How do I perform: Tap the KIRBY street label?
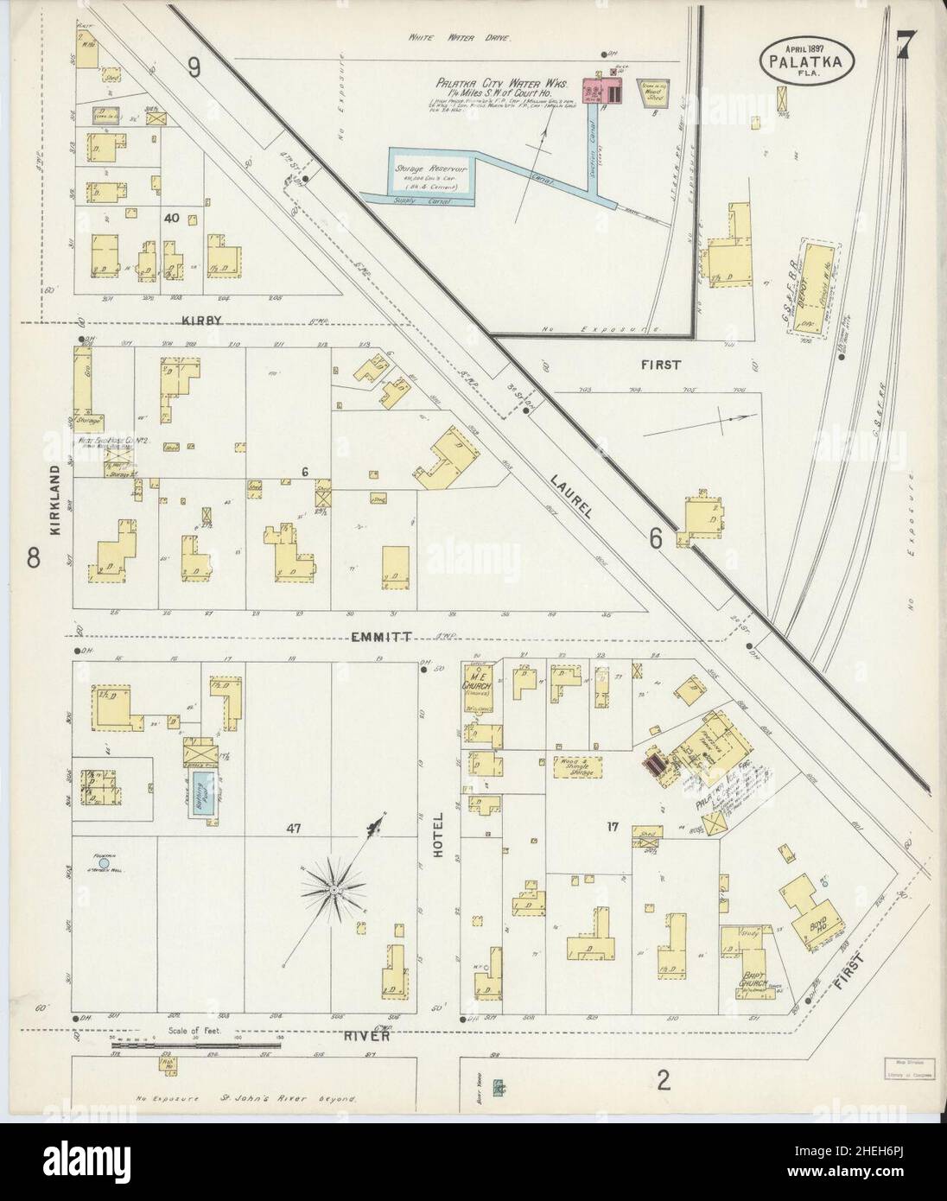point(202,320)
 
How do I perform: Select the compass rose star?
point(333,888)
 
